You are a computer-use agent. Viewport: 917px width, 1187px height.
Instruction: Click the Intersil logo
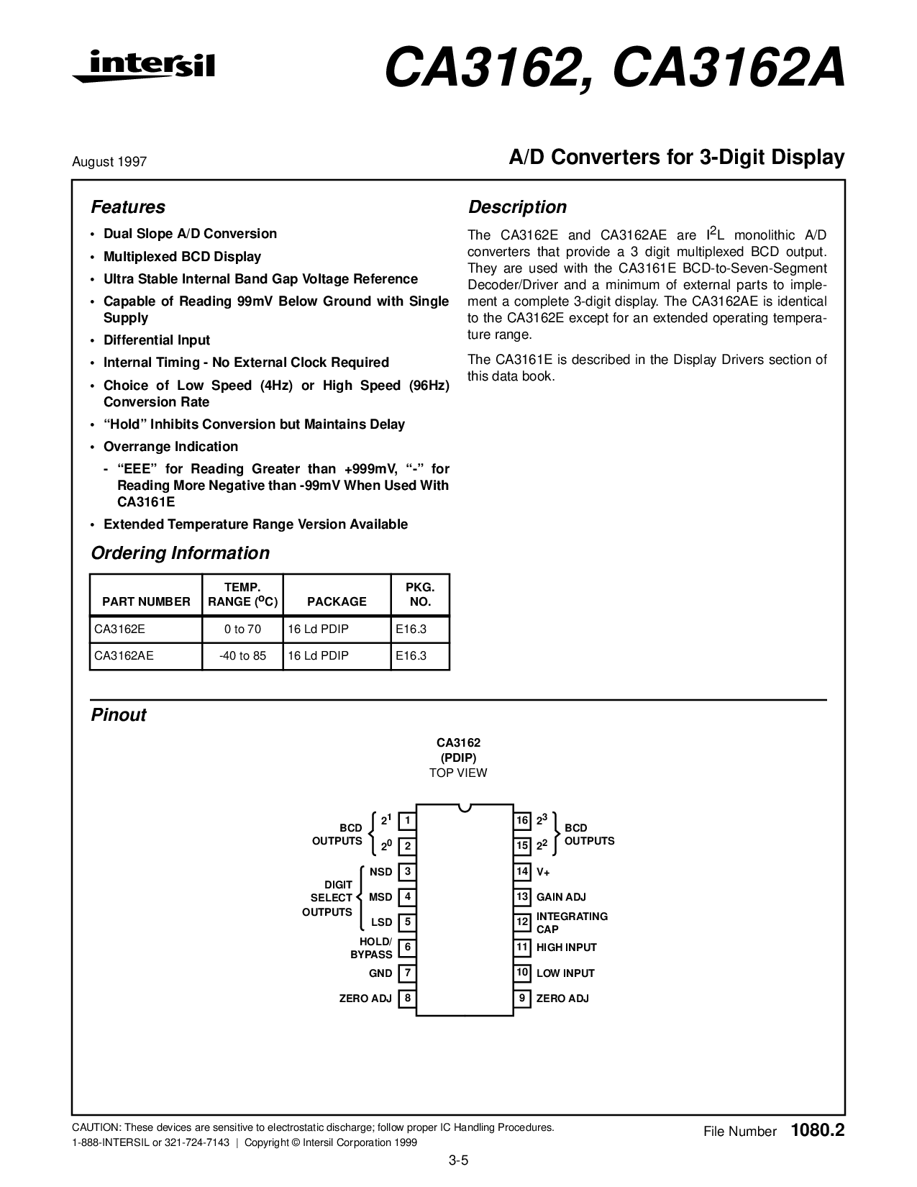click(143, 66)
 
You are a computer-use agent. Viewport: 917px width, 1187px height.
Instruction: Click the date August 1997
click(109, 162)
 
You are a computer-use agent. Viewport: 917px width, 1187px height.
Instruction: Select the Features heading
click(127, 207)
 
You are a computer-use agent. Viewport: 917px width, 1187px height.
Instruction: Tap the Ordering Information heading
click(180, 553)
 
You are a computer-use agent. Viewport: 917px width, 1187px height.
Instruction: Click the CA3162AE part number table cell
click(124, 655)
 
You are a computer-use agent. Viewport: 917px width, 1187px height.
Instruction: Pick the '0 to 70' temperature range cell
click(242, 629)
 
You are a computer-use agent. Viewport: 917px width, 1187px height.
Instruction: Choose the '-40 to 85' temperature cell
click(242, 655)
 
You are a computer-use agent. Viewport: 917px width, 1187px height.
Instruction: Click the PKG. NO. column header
click(420, 594)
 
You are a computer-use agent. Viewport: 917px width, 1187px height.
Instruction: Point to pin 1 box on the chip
click(407, 820)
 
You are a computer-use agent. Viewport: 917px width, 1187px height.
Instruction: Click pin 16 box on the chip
click(522, 820)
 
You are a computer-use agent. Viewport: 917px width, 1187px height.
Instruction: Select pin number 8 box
click(407, 999)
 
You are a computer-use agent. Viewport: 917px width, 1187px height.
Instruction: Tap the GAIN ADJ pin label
click(561, 897)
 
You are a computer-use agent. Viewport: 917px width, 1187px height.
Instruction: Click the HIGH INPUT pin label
click(566, 947)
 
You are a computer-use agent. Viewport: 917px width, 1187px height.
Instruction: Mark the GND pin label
click(380, 973)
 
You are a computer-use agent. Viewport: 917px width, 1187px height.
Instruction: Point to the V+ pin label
click(543, 872)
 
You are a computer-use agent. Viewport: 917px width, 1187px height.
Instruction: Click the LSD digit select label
click(381, 922)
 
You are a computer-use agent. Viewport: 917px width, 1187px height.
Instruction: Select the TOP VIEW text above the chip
click(458, 773)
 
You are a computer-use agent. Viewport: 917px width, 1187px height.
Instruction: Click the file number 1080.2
click(817, 1130)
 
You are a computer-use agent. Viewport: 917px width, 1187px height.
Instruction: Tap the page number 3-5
click(458, 1160)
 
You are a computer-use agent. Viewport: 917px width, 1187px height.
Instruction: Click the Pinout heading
click(119, 715)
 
